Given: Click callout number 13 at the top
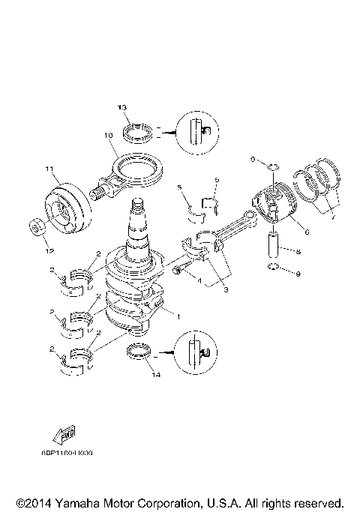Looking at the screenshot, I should click(121, 108).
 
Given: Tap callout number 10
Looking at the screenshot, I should click(108, 136).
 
